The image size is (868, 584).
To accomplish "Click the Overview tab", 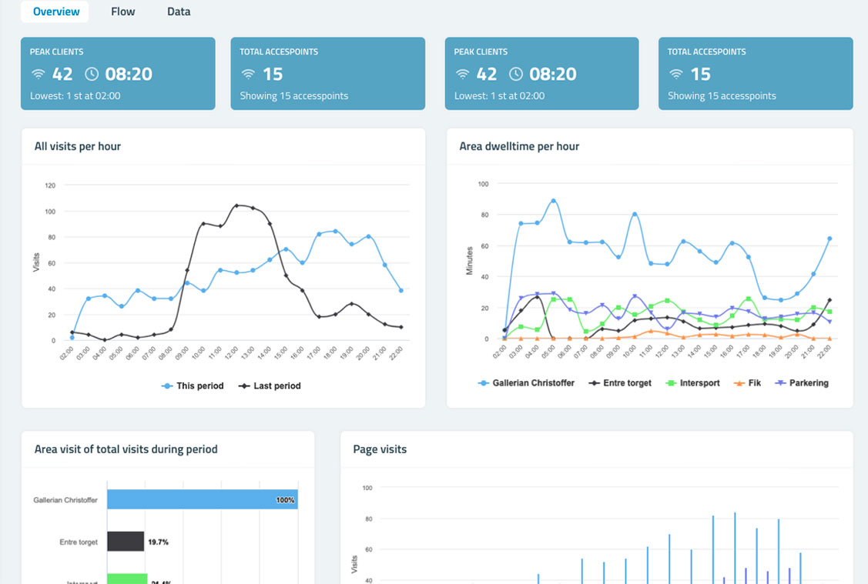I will tap(55, 12).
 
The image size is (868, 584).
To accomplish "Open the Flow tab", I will tap(123, 12).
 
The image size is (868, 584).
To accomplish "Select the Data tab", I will tap(179, 12).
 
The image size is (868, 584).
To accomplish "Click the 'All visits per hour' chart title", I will tap(77, 146).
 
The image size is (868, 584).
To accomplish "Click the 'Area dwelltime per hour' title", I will tap(518, 146).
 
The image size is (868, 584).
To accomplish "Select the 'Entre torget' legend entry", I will tap(620, 382).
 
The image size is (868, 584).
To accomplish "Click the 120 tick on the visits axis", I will tap(50, 185).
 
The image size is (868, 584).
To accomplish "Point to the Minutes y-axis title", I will tap(469, 262).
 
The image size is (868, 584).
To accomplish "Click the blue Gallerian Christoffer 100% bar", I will tap(202, 499).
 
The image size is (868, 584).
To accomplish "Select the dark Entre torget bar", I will tap(125, 542).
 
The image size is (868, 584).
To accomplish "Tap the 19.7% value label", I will tap(158, 542).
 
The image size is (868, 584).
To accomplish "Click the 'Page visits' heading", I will tap(380, 449).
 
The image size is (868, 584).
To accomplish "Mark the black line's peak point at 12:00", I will tap(236, 205).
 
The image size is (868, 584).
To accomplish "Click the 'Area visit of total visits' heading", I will tap(126, 449).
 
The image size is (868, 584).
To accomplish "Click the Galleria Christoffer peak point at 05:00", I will tap(553, 201).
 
